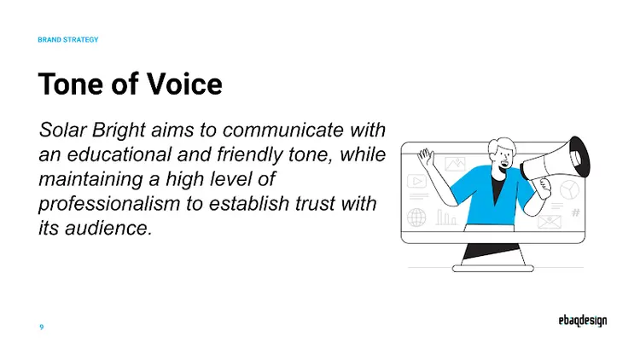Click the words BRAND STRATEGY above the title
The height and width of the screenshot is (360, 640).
(68, 40)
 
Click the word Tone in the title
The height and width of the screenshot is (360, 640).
(68, 84)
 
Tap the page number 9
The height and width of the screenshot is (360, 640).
(41, 328)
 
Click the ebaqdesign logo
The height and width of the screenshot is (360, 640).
(578, 322)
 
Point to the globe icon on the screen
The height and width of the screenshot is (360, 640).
(416, 218)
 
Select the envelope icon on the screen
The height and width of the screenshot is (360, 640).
(547, 221)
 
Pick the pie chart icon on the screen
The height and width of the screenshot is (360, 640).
(568, 189)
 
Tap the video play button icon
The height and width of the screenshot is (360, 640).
(416, 181)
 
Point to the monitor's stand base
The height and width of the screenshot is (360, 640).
(492, 268)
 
